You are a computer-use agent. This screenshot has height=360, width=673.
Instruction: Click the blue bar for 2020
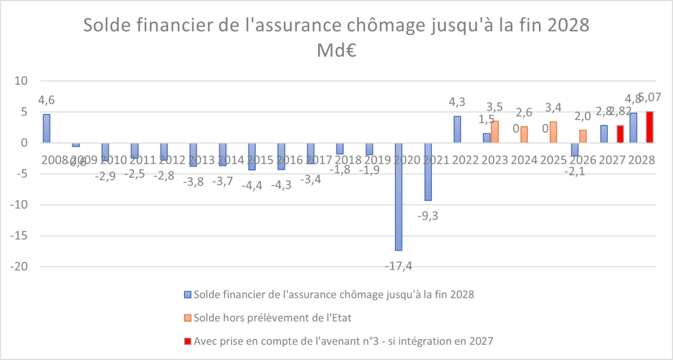pyautogui.click(x=398, y=196)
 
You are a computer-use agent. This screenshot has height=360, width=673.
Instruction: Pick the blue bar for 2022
pyautogui.click(x=457, y=130)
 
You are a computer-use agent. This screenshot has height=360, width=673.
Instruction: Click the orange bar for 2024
pyautogui.click(x=524, y=135)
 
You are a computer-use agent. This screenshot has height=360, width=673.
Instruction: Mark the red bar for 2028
pyautogui.click(x=650, y=127)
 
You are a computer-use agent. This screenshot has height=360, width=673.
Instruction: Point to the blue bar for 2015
pyautogui.click(x=252, y=156)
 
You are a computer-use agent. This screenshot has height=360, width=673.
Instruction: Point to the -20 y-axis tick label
pyautogui.click(x=19, y=267)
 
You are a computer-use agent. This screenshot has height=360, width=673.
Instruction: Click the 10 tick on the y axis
pyautogui.click(x=21, y=81)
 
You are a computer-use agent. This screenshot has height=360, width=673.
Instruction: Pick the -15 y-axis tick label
pyautogui.click(x=19, y=236)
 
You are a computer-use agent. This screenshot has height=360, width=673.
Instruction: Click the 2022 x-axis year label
pyautogui.click(x=465, y=160)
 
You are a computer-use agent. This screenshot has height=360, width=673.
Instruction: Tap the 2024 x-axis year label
pyautogui.click(x=523, y=160)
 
